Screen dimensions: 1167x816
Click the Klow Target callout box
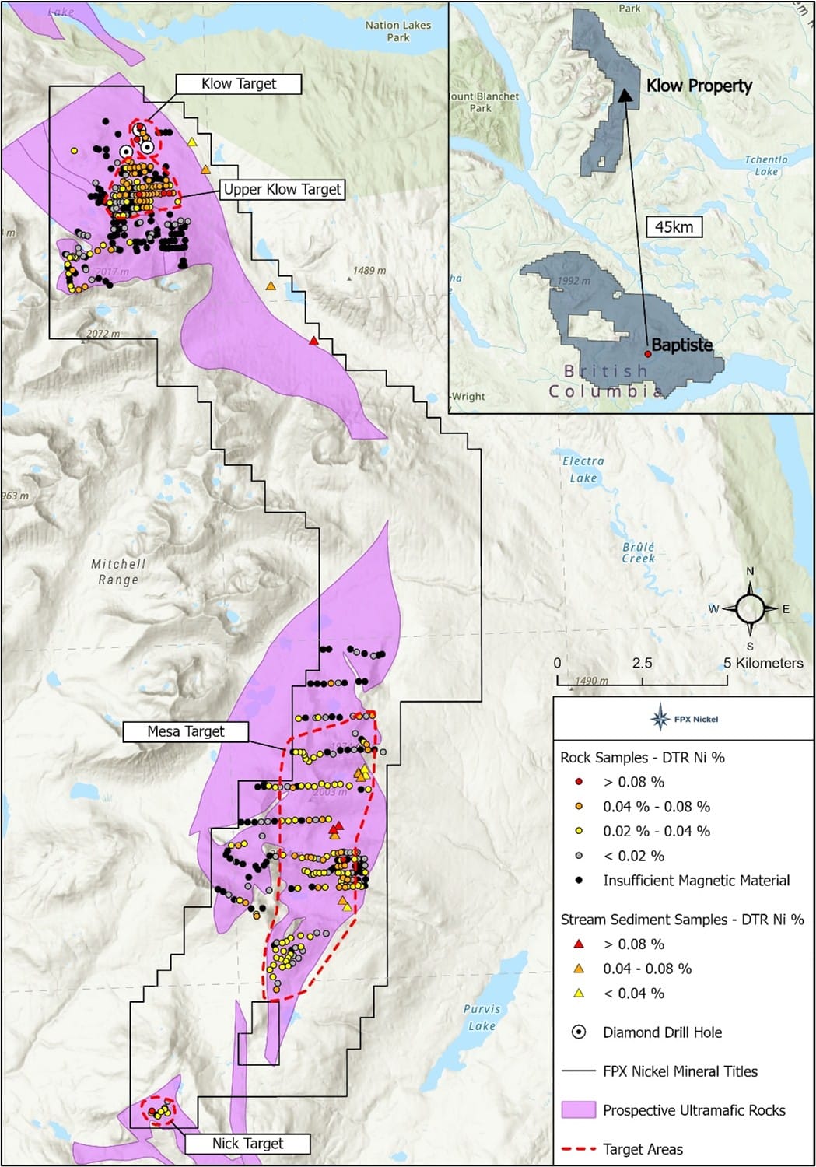238,84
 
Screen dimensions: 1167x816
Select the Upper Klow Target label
282,189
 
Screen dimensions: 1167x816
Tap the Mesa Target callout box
186,731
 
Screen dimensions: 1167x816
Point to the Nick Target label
247,1143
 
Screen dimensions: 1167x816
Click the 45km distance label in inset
674,227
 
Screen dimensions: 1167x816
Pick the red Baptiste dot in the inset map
647,353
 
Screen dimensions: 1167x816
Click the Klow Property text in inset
699,86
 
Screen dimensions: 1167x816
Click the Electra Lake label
583,470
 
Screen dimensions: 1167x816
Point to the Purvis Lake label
482,1017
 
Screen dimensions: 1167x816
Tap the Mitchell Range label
118,572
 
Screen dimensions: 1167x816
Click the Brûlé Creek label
639,552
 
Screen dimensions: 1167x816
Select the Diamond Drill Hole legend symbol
579,1032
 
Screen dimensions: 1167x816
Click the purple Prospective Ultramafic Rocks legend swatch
578,1110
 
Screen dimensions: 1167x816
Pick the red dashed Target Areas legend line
578,1149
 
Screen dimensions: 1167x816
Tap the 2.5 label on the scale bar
642,663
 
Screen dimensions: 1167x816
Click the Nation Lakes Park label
398,31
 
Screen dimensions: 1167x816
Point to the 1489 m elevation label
369,271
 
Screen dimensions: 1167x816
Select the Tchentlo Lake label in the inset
766,165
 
